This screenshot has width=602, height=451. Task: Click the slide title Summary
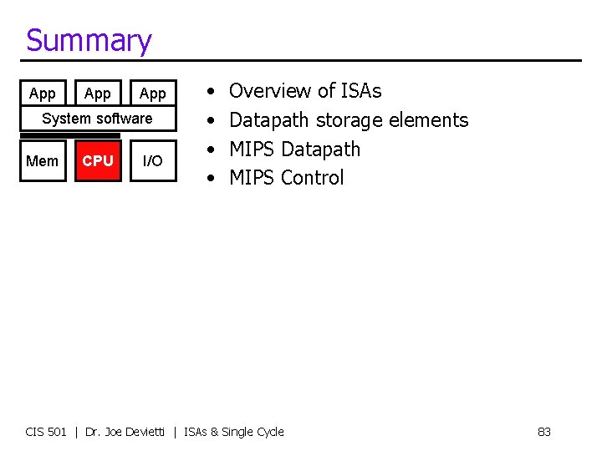89,40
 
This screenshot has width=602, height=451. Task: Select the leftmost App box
42,94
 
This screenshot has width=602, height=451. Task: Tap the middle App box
98,94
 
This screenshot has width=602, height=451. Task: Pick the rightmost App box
153,94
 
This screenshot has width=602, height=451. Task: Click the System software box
97,119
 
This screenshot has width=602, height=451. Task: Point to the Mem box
43,161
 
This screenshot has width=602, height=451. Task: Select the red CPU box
98,161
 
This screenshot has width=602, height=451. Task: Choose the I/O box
153,161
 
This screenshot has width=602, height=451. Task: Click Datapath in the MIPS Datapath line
321,149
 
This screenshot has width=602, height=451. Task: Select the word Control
312,178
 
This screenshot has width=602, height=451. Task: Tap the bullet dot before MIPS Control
212,178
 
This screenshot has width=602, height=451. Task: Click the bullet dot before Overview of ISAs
212,91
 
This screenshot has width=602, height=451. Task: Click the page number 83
543,432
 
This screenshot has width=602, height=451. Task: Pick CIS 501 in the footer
46,432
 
